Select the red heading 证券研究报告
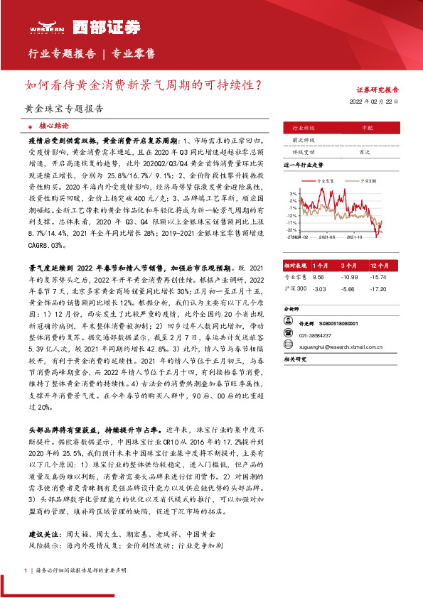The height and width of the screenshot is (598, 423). [x=377, y=90]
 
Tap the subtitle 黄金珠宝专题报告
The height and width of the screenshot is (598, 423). [x=63, y=109]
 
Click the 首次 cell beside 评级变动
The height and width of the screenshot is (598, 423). [x=365, y=151]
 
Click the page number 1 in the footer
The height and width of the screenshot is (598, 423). [x=26, y=570]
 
